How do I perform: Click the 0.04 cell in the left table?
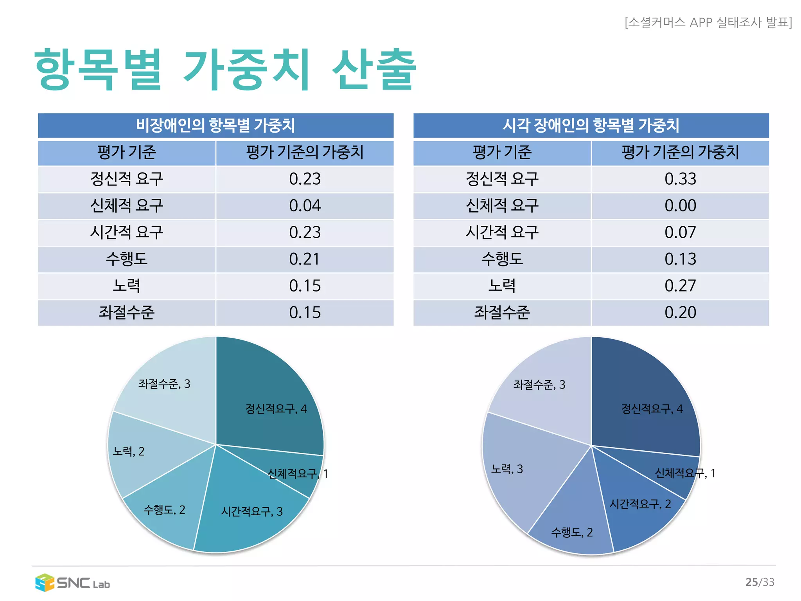[x=305, y=206]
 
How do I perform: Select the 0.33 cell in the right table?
[x=680, y=179]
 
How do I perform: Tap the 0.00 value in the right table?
[x=680, y=206]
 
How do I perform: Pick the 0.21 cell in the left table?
[x=305, y=259]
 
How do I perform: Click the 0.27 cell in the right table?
[x=680, y=286]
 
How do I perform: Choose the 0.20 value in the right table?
[x=680, y=313]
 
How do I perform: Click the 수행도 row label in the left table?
[x=126, y=259]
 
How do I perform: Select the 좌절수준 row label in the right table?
[x=502, y=313]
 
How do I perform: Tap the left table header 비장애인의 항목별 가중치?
[x=216, y=125]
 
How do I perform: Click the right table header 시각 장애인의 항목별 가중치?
[x=591, y=125]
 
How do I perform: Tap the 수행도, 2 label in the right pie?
[x=572, y=533]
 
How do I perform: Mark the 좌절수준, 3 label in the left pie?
[x=164, y=384]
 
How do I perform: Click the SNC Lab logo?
[x=72, y=583]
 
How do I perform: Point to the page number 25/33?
[x=760, y=582]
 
